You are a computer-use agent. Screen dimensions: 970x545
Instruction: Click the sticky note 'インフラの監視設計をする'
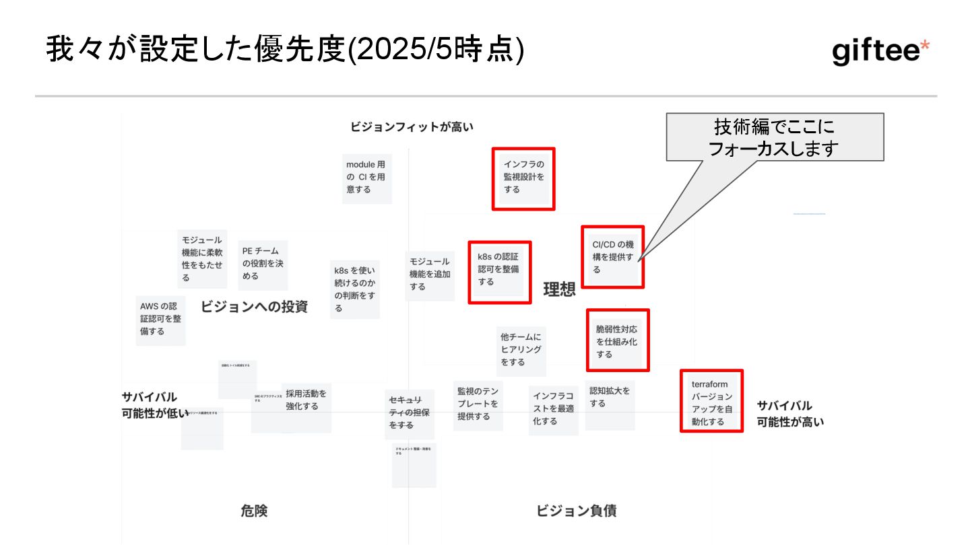pos(523,178)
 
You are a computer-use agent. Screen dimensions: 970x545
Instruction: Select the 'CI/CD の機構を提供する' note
pos(612,257)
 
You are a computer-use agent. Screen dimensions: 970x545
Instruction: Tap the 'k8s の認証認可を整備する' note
pos(500,272)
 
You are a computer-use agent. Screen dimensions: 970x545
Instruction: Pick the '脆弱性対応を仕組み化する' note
pos(617,340)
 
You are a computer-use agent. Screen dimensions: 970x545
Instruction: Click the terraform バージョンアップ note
pos(711,401)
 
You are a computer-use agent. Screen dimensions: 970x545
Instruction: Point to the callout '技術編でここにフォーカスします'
pos(775,138)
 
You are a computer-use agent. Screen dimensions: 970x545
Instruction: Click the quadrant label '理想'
pos(560,289)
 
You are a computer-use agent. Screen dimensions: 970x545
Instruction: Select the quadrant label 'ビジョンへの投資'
pos(254,307)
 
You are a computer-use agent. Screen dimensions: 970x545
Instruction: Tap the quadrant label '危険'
pos(254,511)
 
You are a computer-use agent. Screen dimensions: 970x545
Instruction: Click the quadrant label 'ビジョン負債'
pos(576,511)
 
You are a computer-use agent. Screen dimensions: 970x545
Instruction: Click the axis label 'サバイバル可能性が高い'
pos(789,414)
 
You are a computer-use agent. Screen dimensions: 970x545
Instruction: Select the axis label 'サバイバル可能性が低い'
pos(154,405)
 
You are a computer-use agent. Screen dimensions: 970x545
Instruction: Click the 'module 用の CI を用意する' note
pos(367,178)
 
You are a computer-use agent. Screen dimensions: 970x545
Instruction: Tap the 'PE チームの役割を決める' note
pos(263,264)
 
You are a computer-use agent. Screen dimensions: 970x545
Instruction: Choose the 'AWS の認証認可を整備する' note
pos(160,320)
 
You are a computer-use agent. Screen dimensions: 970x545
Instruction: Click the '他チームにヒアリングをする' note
pos(521,350)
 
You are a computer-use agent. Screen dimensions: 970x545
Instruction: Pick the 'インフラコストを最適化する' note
pos(553,409)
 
